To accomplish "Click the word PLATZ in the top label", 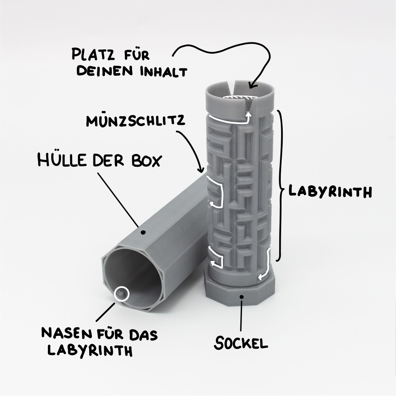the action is [93, 54].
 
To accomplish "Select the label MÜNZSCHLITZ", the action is [135, 120].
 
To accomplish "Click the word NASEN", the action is [67, 333].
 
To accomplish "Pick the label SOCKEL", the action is [241, 343].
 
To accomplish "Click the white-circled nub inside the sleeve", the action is [122, 294].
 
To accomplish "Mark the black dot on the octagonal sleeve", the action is [143, 232].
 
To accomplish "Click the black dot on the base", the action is [242, 297].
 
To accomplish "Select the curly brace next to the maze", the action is [280, 186].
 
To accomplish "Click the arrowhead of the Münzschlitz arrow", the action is [201, 169].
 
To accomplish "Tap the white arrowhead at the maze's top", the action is [249, 115].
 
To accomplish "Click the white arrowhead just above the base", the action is [261, 277].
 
